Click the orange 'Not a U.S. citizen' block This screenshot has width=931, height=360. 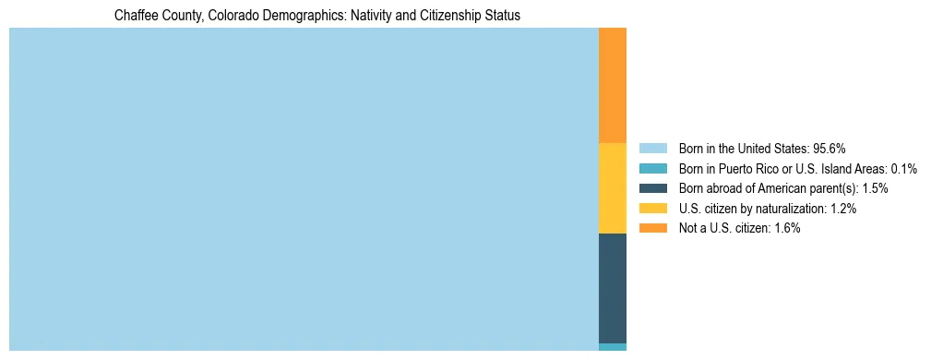coord(613,85)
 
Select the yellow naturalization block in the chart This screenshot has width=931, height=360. coord(613,188)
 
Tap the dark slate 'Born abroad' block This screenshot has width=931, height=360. coord(613,288)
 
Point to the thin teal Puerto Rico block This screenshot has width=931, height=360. coord(613,347)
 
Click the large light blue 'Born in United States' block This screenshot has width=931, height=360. coord(304,189)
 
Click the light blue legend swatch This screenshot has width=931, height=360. coord(652,149)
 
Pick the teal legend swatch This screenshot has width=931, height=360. coord(652,169)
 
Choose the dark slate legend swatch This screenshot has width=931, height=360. coord(652,188)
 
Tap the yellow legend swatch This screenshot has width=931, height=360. coord(652,209)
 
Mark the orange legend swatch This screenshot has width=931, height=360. coord(652,228)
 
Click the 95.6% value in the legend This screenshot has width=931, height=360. coord(830,149)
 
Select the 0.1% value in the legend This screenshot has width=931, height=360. coord(902,169)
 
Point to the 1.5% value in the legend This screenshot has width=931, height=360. coord(874,188)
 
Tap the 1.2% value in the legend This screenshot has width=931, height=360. coord(841,209)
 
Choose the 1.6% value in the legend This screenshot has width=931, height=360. coord(785,228)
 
